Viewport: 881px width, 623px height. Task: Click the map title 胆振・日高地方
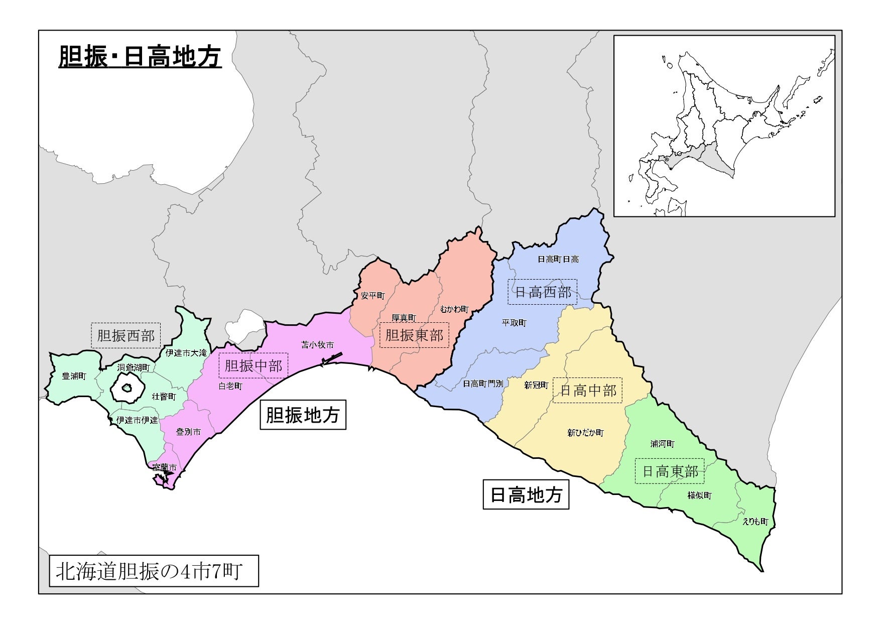point(140,57)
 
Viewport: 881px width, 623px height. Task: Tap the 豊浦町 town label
point(74,376)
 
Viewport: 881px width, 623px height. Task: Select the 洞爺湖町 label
point(134,368)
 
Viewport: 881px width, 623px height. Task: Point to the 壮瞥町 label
point(164,397)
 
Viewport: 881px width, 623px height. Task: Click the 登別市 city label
point(189,432)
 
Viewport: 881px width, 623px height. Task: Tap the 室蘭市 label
point(165,467)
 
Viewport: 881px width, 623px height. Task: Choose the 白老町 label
point(230,386)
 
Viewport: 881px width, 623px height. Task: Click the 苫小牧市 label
point(317,345)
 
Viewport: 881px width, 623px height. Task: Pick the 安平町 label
point(372,296)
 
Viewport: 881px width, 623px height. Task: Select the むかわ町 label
point(454,309)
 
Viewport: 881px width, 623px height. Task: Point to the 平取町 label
point(514,323)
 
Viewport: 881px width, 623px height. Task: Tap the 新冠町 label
point(536,386)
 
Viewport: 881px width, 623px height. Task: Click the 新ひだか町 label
point(586,433)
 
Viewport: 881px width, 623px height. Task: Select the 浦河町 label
point(663,444)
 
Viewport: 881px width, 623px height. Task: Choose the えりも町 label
point(756,522)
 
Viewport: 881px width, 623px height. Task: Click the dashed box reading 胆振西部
point(125,335)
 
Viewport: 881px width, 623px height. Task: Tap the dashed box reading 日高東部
point(670,471)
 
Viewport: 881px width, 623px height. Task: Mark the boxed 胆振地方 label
point(303,415)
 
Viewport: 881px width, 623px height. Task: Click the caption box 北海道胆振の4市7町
point(154,571)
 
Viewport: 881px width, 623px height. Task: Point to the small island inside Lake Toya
point(128,388)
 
